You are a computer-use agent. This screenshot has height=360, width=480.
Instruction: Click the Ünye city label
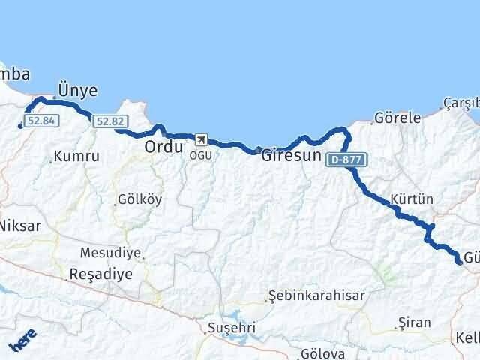78,90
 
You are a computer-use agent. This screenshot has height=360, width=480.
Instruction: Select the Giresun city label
292,158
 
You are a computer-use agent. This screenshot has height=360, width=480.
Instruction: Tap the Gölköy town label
139,200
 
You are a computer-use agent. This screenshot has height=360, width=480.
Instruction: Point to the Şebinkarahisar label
316,295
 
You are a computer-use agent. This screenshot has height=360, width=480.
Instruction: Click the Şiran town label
415,323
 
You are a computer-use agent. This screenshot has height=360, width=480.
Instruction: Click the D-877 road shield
344,159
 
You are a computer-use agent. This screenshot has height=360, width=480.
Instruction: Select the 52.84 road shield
41,121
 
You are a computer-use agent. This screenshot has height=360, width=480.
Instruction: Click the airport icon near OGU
200,139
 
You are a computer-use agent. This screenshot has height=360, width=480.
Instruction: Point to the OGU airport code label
200,154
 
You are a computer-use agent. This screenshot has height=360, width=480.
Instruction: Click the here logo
22,341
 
